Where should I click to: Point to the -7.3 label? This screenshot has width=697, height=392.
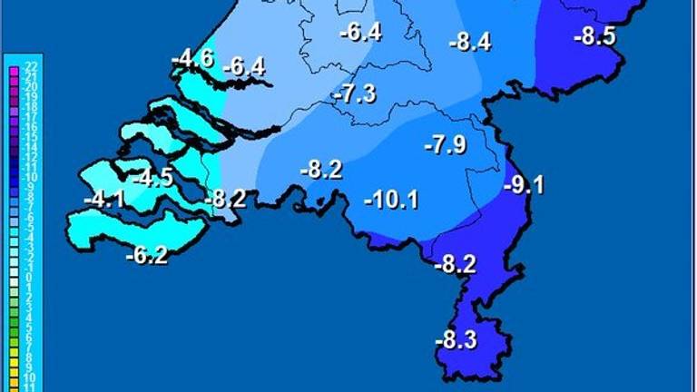[354, 94]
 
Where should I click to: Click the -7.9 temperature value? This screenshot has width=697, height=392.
[446, 144]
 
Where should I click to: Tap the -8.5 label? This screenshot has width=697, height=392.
[595, 37]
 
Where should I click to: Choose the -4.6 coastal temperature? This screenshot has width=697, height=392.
[192, 61]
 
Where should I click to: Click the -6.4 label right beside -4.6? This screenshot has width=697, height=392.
[244, 66]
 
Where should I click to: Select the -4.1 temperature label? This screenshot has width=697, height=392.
[103, 199]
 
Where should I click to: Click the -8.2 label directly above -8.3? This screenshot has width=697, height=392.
[456, 265]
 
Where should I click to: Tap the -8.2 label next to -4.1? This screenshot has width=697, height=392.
[224, 199]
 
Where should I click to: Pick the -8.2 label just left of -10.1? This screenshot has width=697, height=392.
[321, 170]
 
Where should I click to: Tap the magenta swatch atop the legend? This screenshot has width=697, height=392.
[14, 65]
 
